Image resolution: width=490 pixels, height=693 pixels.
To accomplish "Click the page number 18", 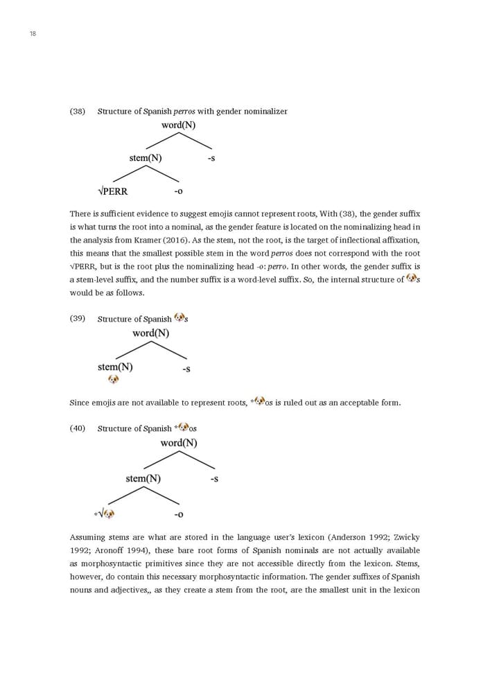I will coord(33,34).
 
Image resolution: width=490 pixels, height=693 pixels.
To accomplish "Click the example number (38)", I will coord(78,111).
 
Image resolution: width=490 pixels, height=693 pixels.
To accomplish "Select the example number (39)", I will coord(78,318).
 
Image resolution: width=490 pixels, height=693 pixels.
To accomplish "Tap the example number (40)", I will coord(78,428).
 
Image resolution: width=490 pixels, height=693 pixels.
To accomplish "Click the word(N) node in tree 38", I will coord(178,125).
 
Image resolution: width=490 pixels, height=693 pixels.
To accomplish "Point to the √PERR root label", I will coord(113,191).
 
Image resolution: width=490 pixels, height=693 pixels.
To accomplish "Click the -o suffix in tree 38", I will coord(178,191).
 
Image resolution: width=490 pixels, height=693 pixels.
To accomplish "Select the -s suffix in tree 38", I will coord(211,158).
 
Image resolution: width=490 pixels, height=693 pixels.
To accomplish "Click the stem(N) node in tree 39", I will coord(115,367).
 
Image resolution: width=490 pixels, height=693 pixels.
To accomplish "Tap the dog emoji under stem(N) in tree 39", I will coord(114,379).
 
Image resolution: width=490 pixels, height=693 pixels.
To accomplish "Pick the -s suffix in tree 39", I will coord(186,369).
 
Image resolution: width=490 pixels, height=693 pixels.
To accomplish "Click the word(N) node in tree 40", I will coord(179,443).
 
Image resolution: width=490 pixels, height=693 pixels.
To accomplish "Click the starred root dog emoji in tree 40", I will coord(108,514).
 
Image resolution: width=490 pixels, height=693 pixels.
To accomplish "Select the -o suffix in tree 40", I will coord(179,514).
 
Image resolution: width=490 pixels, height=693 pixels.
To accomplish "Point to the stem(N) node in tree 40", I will coord(143,478).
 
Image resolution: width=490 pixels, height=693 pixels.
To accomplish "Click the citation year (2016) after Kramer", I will coord(157,240).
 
